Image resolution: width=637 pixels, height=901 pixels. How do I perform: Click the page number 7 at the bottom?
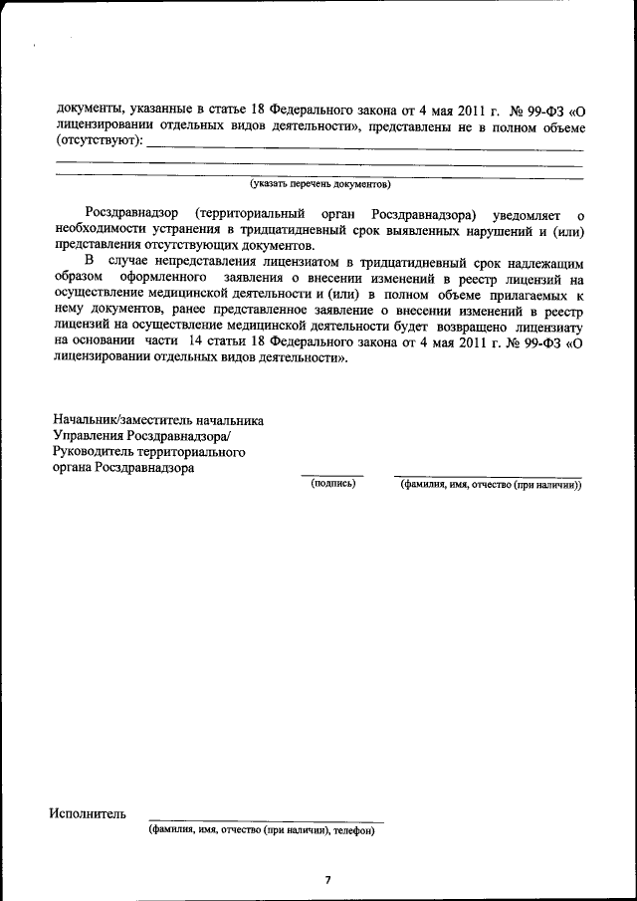pyautogui.click(x=326, y=879)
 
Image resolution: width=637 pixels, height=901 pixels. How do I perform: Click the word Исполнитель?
pyautogui.click(x=88, y=814)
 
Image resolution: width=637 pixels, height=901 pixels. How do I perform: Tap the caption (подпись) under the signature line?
pyautogui.click(x=332, y=484)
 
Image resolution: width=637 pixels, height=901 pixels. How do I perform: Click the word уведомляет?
pyautogui.click(x=528, y=216)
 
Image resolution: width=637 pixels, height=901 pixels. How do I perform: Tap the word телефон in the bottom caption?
pyautogui.click(x=353, y=830)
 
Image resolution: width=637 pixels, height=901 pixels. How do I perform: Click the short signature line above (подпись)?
pyautogui.click(x=332, y=475)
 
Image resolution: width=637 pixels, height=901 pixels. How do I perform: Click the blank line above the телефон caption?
pyautogui.click(x=265, y=821)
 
